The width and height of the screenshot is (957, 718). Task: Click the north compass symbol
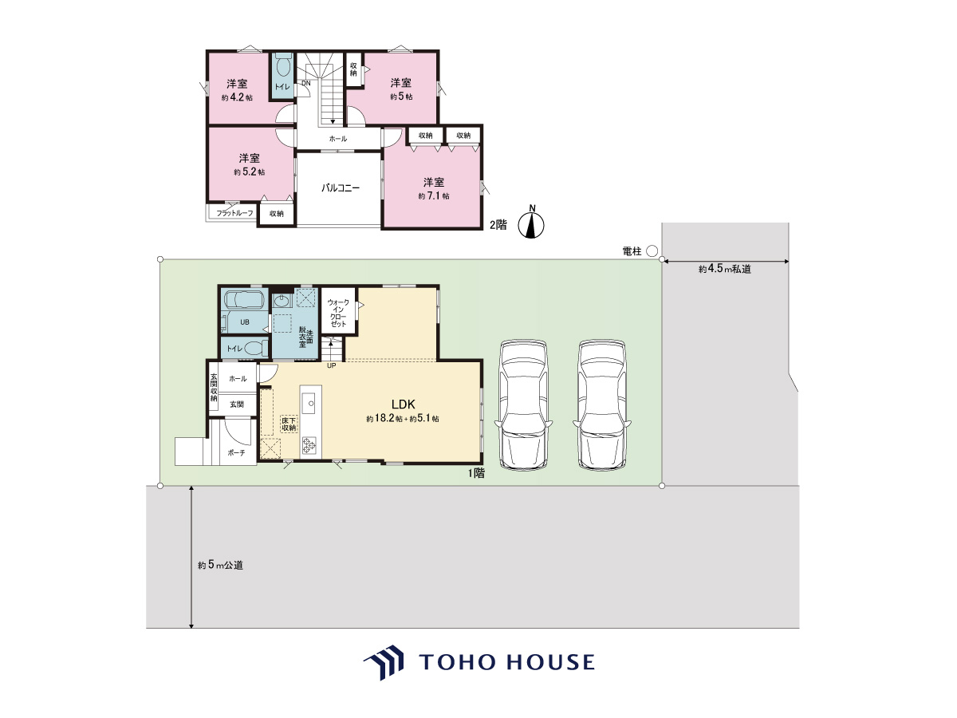pyautogui.click(x=531, y=223)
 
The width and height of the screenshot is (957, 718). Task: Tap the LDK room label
pyautogui.click(x=404, y=404)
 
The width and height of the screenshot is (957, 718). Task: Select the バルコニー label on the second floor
pyautogui.click(x=341, y=188)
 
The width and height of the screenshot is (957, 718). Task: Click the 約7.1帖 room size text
pyautogui.click(x=433, y=196)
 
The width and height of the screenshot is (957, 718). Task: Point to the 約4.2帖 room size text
pyautogui.click(x=237, y=97)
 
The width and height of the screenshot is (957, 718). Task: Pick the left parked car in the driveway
pyautogui.click(x=523, y=405)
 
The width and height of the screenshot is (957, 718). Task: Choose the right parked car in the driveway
pyautogui.click(x=602, y=405)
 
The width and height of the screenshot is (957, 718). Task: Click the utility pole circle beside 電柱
pyautogui.click(x=652, y=251)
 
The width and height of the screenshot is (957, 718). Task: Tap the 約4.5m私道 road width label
pyautogui.click(x=725, y=269)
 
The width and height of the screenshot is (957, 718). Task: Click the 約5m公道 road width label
pyautogui.click(x=220, y=565)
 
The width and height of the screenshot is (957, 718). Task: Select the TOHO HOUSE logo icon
pyautogui.click(x=384, y=662)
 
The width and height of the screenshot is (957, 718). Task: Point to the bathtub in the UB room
pyautogui.click(x=245, y=301)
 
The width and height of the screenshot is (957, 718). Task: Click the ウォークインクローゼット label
pyautogui.click(x=338, y=313)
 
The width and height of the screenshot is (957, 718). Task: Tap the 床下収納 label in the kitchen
pyautogui.click(x=289, y=424)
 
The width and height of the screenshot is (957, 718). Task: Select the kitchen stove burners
pyautogui.click(x=309, y=445)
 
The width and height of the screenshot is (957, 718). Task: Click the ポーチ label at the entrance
pyautogui.click(x=236, y=453)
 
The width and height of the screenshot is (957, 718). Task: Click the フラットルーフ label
pyautogui.click(x=234, y=213)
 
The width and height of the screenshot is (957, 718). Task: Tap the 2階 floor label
pyautogui.click(x=498, y=225)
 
